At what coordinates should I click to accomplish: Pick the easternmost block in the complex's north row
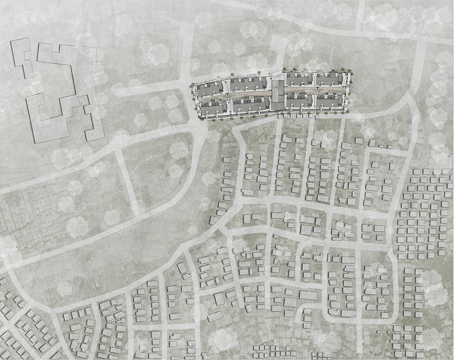tap(330, 79)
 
